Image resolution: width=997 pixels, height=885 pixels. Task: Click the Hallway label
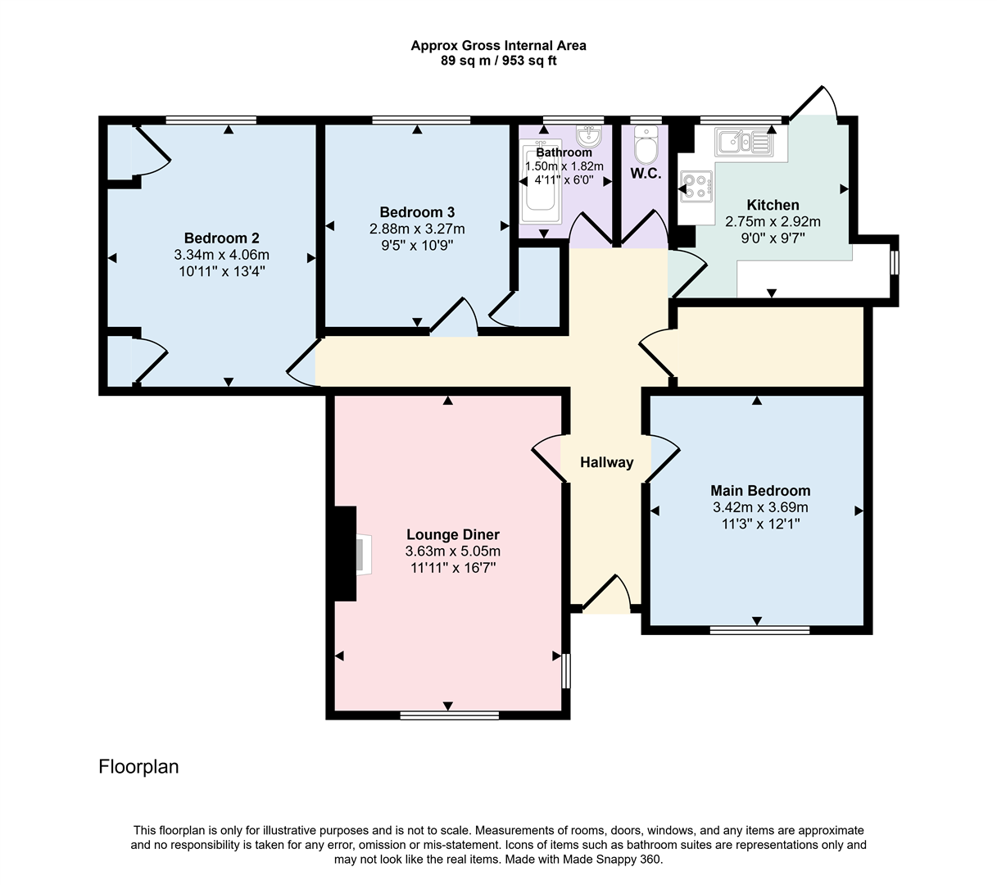pos(606,462)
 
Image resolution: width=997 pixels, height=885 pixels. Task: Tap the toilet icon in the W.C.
pos(646,148)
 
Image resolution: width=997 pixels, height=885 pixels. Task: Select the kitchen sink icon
pos(742,142)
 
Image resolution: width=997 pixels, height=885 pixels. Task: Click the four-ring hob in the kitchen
pos(696,186)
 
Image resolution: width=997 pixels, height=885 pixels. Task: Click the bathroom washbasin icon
pos(588,134)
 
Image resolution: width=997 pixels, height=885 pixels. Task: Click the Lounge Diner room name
pos(452,535)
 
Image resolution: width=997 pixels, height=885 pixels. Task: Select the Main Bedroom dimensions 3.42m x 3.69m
pos(760,507)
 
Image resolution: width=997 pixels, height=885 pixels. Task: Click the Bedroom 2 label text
pos(221,238)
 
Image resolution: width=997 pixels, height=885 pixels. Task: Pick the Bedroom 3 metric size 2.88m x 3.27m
pos(417,229)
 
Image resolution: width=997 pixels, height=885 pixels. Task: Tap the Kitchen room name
pos(773,205)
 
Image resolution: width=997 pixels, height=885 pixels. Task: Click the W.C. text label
pos(646,174)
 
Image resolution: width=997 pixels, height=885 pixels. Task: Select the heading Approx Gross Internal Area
pos(498,46)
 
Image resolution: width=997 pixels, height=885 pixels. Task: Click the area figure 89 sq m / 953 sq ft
pos(498,61)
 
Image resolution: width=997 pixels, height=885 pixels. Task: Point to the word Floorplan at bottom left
pos(138,767)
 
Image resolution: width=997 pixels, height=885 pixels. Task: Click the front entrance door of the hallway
pos(606,597)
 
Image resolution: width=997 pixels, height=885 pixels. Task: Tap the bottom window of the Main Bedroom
pos(759,629)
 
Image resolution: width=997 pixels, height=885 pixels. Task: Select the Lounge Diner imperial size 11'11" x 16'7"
pos(452,567)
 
